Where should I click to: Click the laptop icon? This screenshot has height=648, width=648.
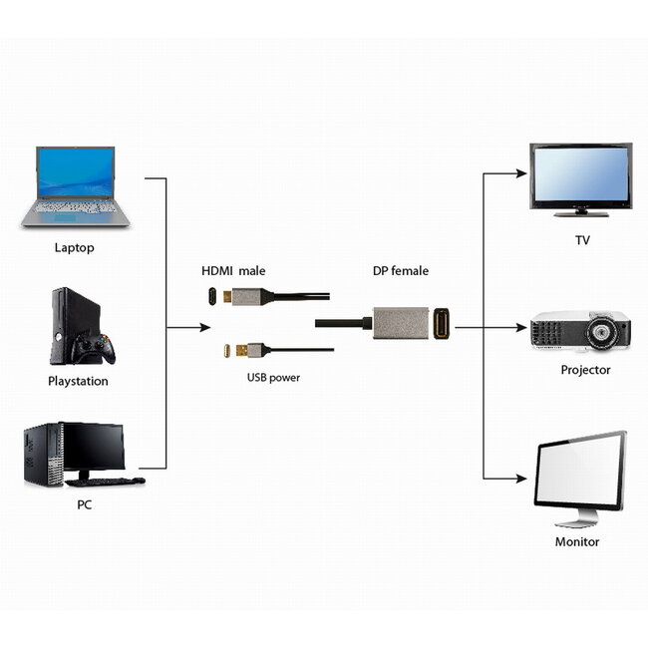click(x=76, y=186)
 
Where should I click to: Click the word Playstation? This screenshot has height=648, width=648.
click(x=78, y=381)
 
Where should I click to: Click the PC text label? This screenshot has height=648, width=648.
click(x=85, y=505)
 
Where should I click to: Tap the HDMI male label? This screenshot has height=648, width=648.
click(x=234, y=271)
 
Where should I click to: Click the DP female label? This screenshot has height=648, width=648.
click(x=401, y=271)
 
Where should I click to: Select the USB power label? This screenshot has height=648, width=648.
click(x=273, y=378)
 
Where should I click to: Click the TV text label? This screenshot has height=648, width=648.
click(x=582, y=241)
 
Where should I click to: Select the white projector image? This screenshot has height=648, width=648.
click(x=579, y=331)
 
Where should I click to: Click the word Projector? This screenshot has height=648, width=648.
click(x=585, y=370)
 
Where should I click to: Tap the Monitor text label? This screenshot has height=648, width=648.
click(x=577, y=542)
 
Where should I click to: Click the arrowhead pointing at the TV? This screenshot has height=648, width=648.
click(x=520, y=173)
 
